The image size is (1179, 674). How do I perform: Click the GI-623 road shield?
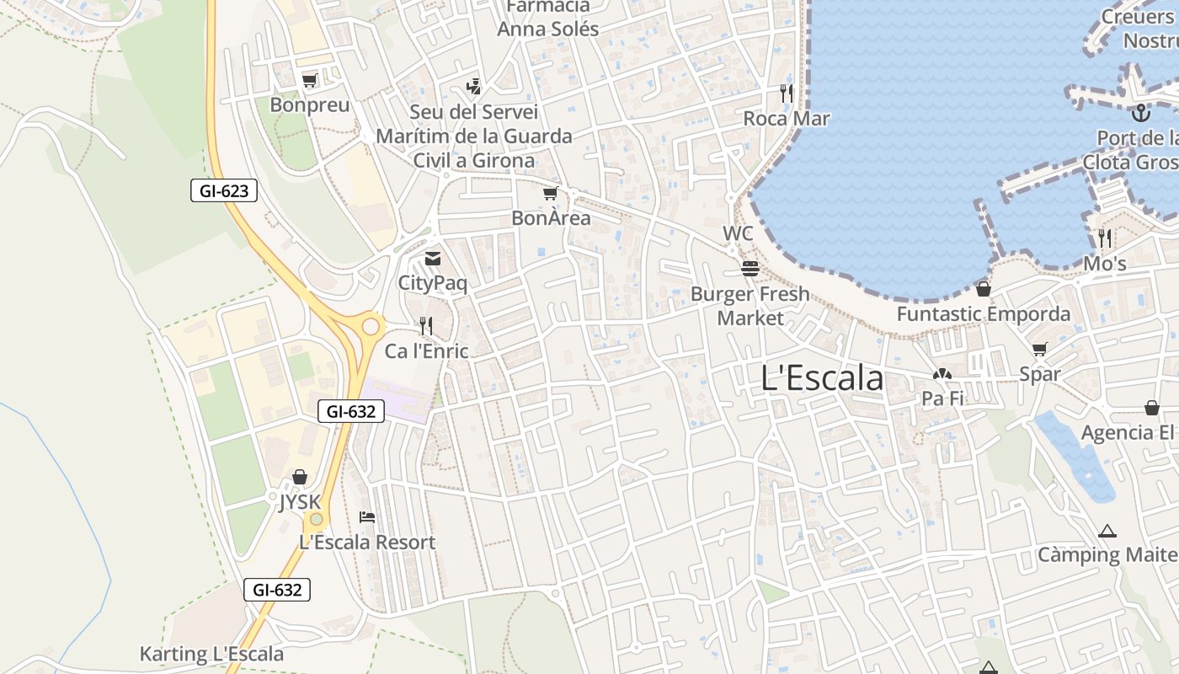point(223,191)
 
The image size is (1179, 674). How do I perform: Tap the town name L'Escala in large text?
point(822,378)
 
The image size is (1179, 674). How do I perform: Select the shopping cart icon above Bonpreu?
point(309,81)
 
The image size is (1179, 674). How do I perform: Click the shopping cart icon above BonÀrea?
point(550,195)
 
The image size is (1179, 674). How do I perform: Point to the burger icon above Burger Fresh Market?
point(750,269)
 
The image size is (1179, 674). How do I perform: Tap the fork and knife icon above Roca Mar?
point(787,93)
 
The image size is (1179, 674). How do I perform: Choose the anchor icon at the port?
point(1141,112)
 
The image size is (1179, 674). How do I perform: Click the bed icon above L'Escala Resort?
point(367,516)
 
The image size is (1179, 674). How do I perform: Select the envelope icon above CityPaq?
point(432,259)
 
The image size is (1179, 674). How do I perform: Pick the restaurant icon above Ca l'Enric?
point(426,326)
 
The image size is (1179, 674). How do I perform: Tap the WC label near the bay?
point(738,233)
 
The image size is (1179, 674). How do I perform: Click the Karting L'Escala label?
point(211,654)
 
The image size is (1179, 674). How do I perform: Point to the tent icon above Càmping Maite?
point(1107,532)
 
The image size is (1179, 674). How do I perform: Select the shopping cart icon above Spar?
point(1040,350)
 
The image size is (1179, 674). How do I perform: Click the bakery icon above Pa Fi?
point(942,374)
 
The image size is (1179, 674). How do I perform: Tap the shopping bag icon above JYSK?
point(299,478)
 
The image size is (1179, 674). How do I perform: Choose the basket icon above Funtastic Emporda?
point(983,290)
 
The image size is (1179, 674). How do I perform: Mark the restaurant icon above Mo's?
point(1105,238)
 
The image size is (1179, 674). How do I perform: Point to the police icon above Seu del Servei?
point(473,86)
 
